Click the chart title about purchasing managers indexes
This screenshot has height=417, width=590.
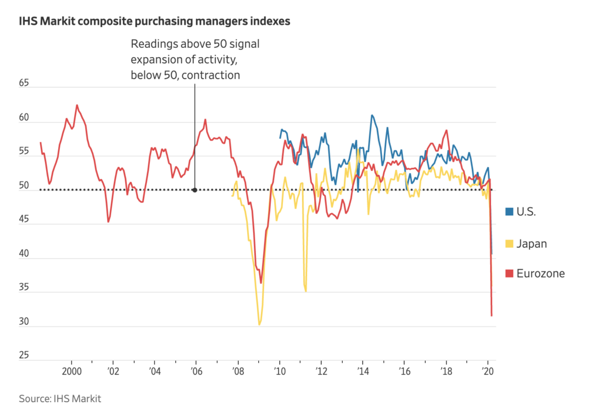click(154, 22)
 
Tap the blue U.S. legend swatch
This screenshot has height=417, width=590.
click(509, 211)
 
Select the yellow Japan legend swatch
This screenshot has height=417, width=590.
click(509, 244)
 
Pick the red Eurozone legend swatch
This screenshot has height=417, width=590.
click(509, 274)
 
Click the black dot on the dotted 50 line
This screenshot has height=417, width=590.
click(195, 189)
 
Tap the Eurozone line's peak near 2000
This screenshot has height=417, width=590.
click(77, 105)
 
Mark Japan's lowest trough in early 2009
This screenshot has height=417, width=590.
click(259, 324)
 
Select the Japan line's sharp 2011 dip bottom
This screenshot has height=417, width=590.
click(305, 291)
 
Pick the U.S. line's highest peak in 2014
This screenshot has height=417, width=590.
click(372, 115)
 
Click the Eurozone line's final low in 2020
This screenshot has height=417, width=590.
click(491, 315)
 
